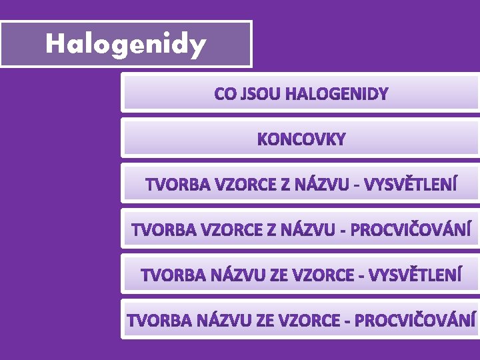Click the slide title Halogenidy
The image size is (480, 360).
pos(125,44)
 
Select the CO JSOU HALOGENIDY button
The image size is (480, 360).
pos(300,93)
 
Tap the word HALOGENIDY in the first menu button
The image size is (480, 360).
pos(336,94)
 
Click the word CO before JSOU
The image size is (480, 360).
pos(225,94)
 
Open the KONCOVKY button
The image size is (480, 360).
pos(301,139)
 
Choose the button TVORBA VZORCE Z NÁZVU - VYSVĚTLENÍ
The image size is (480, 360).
pos(301,184)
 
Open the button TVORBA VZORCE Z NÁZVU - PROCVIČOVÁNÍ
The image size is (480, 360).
pos(301,230)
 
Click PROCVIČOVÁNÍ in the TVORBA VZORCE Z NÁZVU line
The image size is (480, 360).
pos(411,230)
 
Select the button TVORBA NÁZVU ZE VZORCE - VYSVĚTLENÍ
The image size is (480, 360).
pos(301,275)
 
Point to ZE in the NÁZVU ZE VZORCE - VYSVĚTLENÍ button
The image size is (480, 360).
pos(275,275)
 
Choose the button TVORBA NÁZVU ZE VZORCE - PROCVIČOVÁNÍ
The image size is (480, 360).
pos(301,320)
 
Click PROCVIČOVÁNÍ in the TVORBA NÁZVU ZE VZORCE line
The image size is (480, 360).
pos(415,320)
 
